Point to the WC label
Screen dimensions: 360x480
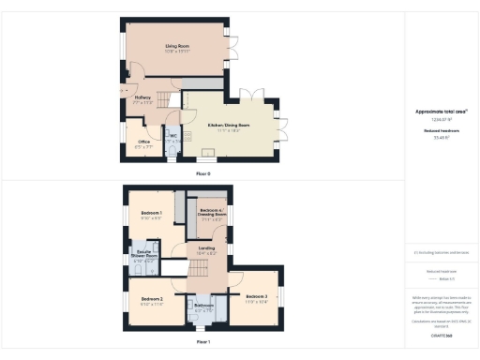[173, 136]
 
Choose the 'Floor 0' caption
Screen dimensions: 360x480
[203, 173]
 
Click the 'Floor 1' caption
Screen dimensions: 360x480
[203, 342]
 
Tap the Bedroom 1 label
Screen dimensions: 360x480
[152, 214]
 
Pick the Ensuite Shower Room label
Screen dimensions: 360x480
[145, 255]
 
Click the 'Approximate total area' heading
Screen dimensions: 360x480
[441, 111]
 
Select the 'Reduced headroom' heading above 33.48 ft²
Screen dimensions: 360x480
[441, 131]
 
